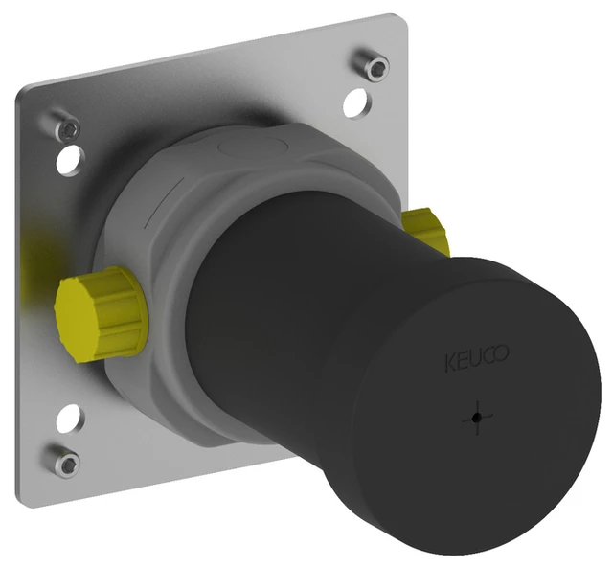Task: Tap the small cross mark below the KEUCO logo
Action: (x=475, y=418)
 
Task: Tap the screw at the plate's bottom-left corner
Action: (x=65, y=463)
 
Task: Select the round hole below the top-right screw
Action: (x=355, y=101)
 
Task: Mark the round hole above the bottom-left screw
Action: (x=70, y=420)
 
